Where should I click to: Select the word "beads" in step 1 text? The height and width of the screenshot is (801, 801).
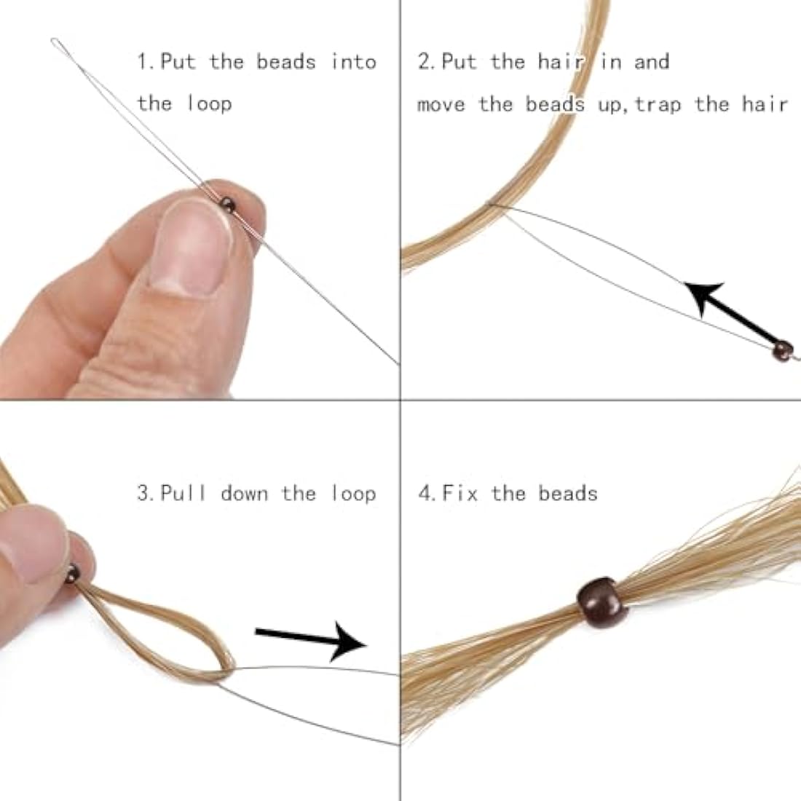(x=285, y=62)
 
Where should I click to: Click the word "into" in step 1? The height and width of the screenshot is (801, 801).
(x=353, y=62)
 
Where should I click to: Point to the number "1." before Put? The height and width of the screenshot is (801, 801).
(x=146, y=62)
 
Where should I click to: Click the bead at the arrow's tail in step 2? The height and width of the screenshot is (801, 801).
(x=781, y=350)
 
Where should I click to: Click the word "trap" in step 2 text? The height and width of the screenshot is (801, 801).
(x=658, y=104)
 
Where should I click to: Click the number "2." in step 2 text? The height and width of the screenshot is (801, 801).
(x=427, y=62)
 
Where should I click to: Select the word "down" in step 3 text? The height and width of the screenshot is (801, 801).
(x=245, y=494)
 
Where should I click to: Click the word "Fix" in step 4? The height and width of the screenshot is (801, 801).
(x=460, y=494)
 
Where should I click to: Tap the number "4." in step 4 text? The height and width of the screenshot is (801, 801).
(x=427, y=494)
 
